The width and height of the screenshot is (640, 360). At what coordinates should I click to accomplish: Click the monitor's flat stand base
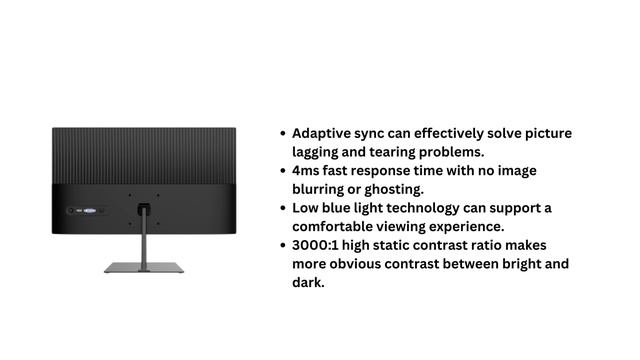(x=144, y=267)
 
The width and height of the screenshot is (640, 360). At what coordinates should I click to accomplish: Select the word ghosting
(x=395, y=189)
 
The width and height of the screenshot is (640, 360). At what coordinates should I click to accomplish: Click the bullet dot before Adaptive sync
(x=283, y=133)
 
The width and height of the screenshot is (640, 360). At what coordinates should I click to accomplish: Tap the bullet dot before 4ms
(x=283, y=171)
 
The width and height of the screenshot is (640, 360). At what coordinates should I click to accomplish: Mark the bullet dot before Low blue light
(x=283, y=208)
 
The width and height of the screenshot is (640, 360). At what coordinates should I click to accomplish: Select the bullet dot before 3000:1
(x=283, y=245)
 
